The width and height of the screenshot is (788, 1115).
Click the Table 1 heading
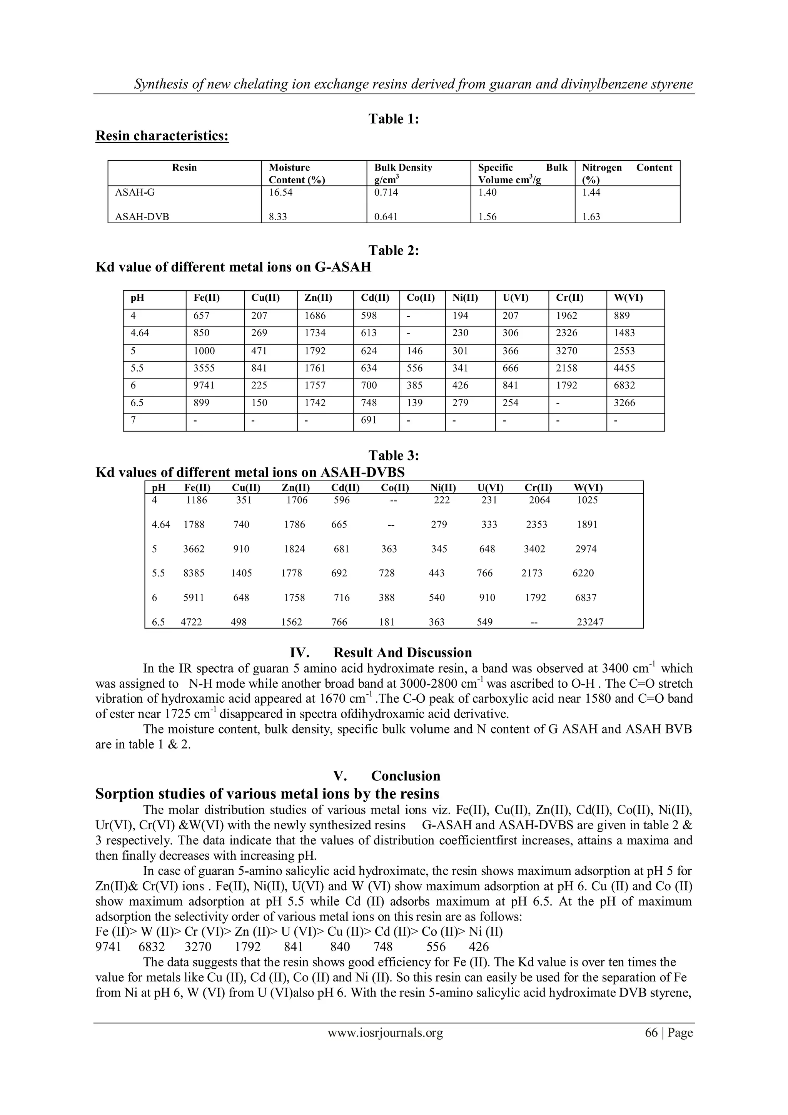[394, 119]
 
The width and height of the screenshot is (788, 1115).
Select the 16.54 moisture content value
[281, 192]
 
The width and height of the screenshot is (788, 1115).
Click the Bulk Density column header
[403, 168]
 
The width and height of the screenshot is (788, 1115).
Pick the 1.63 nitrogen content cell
[591, 217]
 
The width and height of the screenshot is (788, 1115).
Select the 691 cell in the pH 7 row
[369, 420]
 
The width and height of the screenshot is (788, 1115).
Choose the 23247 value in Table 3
[590, 622]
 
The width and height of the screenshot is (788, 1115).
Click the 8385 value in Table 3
[194, 573]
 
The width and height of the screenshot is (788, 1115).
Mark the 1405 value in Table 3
[241, 573]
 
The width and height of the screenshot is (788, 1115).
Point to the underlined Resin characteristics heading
[162, 136]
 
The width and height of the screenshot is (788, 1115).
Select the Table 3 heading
[394, 455]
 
